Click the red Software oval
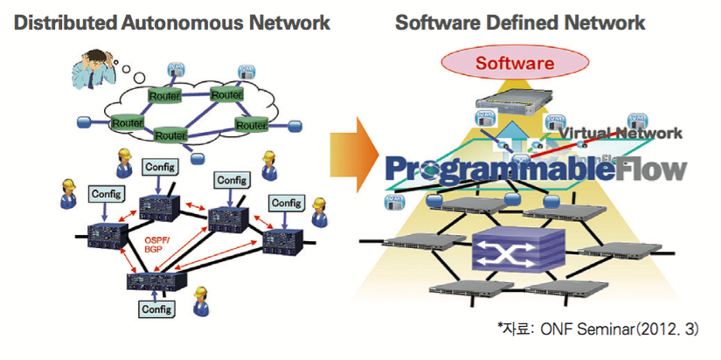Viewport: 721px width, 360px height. coord(514,63)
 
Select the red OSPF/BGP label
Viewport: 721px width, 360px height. coord(155,242)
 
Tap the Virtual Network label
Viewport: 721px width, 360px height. coord(621,133)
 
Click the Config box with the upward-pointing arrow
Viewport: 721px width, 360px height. coord(157,308)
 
